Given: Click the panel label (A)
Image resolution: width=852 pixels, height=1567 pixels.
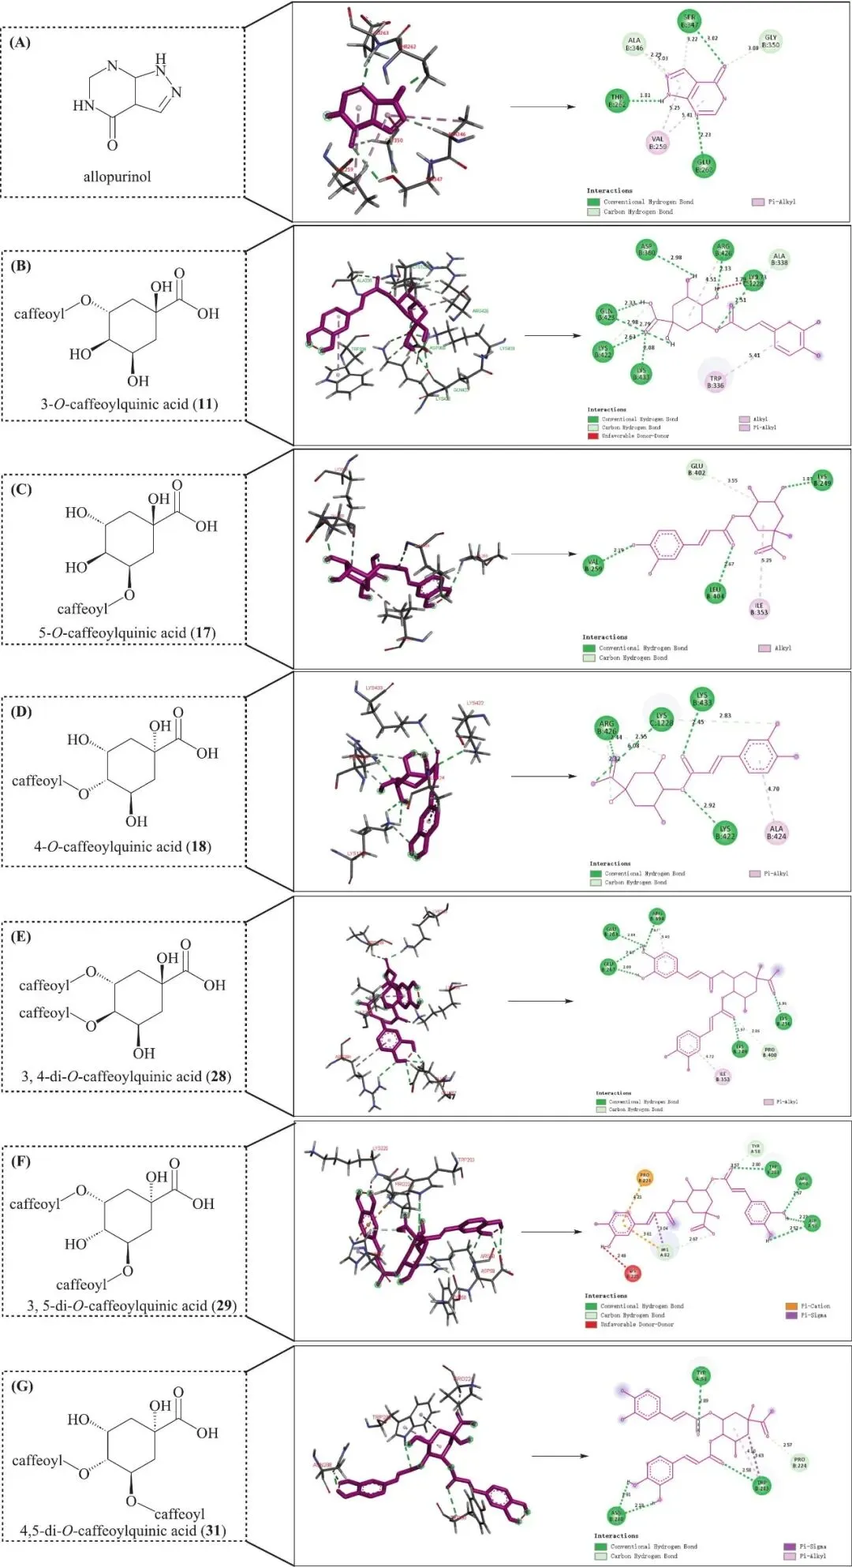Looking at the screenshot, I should point(21,43).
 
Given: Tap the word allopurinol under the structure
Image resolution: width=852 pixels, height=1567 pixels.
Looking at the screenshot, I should point(117,177).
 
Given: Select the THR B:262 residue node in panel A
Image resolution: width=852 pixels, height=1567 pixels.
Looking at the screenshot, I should point(617,100).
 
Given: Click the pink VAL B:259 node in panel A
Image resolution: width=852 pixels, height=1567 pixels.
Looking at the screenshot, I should point(657,143).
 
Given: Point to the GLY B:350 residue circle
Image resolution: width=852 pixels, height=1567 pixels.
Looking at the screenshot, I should point(770,41).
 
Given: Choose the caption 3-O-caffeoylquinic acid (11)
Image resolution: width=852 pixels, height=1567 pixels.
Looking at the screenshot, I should point(129,404).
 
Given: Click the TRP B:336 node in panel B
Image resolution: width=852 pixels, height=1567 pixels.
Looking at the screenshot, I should point(716,382).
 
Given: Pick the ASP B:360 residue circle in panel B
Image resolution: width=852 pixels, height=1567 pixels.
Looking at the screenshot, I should point(646,250).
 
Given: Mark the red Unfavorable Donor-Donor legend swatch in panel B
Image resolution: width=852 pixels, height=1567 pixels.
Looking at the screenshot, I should point(592,435).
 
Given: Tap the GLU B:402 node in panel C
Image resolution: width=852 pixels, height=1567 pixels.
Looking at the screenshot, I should point(696,470).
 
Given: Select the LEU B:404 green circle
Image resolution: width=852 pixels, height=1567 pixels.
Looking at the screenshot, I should point(715,593).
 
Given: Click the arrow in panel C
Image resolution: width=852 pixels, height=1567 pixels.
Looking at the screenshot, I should point(544,554).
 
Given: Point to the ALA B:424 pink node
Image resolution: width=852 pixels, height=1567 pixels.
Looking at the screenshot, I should point(776,833).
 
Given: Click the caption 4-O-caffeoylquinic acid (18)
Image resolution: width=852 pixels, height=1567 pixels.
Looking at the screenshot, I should point(122,846).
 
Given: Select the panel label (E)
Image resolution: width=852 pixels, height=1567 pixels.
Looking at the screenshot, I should point(21,936).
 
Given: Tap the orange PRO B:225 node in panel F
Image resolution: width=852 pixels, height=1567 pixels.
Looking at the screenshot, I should point(645,1178).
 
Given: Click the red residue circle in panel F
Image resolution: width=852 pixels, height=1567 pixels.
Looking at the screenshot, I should point(633,1273).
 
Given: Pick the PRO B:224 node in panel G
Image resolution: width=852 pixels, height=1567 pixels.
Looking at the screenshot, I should point(799,1462).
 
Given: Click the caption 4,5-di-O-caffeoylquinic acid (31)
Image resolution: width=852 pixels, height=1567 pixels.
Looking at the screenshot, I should point(123,1530).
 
